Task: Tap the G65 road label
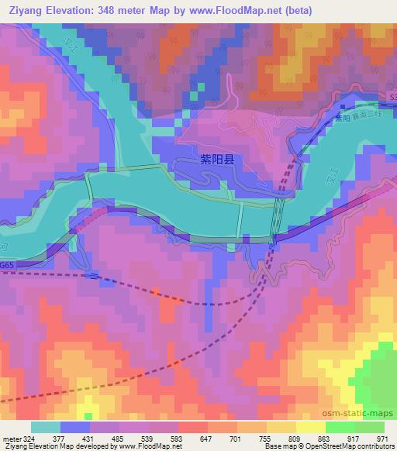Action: [7, 264]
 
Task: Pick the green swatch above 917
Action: [340, 427]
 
